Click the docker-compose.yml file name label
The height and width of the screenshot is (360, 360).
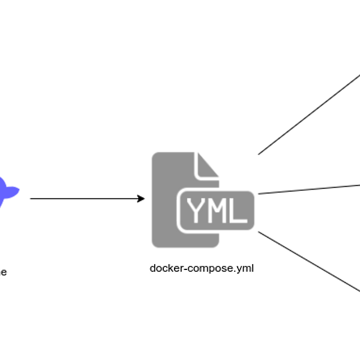(202, 268)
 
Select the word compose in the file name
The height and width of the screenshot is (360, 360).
(208, 269)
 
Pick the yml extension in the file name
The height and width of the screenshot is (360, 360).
(247, 269)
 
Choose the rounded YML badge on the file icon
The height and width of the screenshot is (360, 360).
(216, 210)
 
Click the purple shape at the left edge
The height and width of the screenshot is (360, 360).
(7, 191)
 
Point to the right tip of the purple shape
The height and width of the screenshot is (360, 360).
(20, 191)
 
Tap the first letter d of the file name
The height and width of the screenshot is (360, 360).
(152, 268)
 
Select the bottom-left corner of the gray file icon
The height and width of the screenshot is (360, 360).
(152, 246)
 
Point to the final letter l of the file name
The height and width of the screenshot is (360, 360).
(253, 268)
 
